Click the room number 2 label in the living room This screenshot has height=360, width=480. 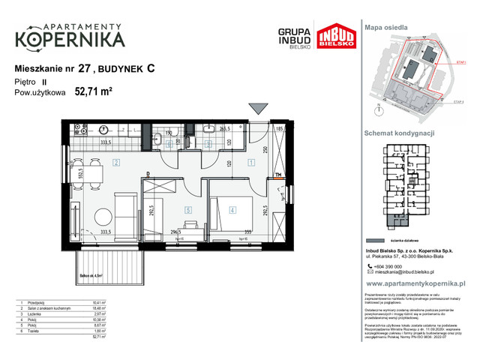tap(117, 162)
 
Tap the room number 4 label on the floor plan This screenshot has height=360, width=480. tap(233, 210)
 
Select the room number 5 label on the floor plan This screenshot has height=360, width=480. tap(189, 210)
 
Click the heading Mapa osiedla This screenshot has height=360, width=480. tap(385, 26)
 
